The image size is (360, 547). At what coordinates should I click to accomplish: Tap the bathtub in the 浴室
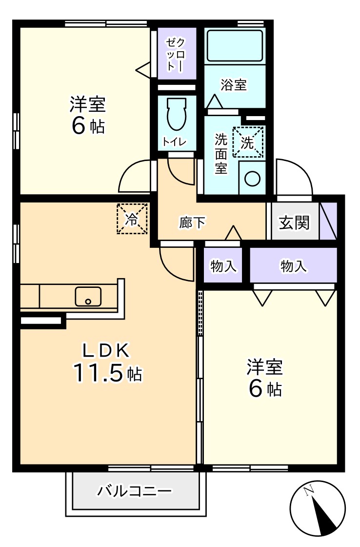235,45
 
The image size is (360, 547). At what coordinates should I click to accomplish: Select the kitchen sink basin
88,296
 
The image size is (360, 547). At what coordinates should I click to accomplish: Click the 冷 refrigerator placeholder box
132,219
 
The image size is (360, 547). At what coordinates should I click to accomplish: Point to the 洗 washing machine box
248,142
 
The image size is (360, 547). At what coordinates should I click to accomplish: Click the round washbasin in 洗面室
252,179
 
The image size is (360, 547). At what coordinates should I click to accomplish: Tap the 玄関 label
294,223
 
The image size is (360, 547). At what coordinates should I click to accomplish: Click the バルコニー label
134,490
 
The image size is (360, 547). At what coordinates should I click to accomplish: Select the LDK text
106,350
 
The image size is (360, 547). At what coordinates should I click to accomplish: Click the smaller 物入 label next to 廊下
223,266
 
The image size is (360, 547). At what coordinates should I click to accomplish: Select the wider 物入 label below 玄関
294,266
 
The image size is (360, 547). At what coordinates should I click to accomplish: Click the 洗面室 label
221,154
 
